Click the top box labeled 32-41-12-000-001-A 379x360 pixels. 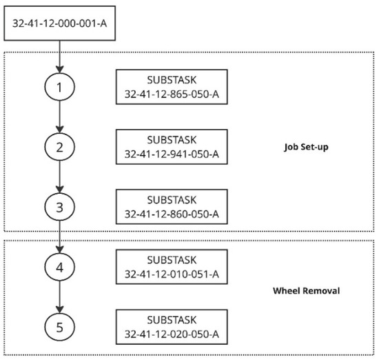pos(59,23)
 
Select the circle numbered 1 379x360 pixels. pos(60,87)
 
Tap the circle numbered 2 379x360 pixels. pos(60,147)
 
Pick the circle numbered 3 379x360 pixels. pos(60,207)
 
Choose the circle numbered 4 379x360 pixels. pos(60,267)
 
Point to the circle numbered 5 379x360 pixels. pos(60,327)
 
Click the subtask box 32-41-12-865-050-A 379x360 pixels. pos(172,87)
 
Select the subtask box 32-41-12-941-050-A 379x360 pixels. pos(172,147)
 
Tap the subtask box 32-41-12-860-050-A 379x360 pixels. pos(172,207)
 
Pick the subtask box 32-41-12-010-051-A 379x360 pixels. pos(172,267)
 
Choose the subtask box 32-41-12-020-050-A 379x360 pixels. pos(172,327)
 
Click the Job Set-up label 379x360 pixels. pos(306,147)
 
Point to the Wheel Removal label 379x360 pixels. pos(306,290)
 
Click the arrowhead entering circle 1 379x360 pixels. pos(60,69)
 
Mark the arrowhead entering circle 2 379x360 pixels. pos(60,129)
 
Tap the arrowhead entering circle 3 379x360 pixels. pos(60,189)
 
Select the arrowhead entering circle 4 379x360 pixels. pos(60,249)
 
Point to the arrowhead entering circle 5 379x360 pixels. pos(60,309)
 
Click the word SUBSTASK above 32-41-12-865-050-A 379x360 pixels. pos(172,80)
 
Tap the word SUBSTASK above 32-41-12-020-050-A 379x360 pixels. pos(172,320)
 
